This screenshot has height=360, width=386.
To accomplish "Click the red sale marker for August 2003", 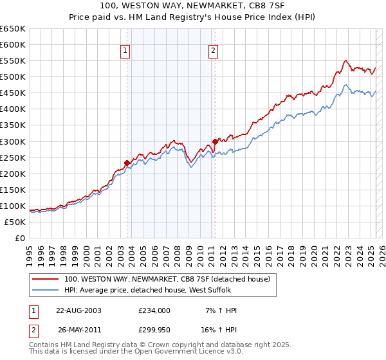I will (x=127, y=163).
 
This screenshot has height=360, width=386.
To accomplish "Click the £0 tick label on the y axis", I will (x=19, y=238).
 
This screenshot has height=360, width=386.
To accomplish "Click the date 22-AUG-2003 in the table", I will (x=78, y=310).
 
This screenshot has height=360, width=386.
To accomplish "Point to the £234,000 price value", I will (x=154, y=310).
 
